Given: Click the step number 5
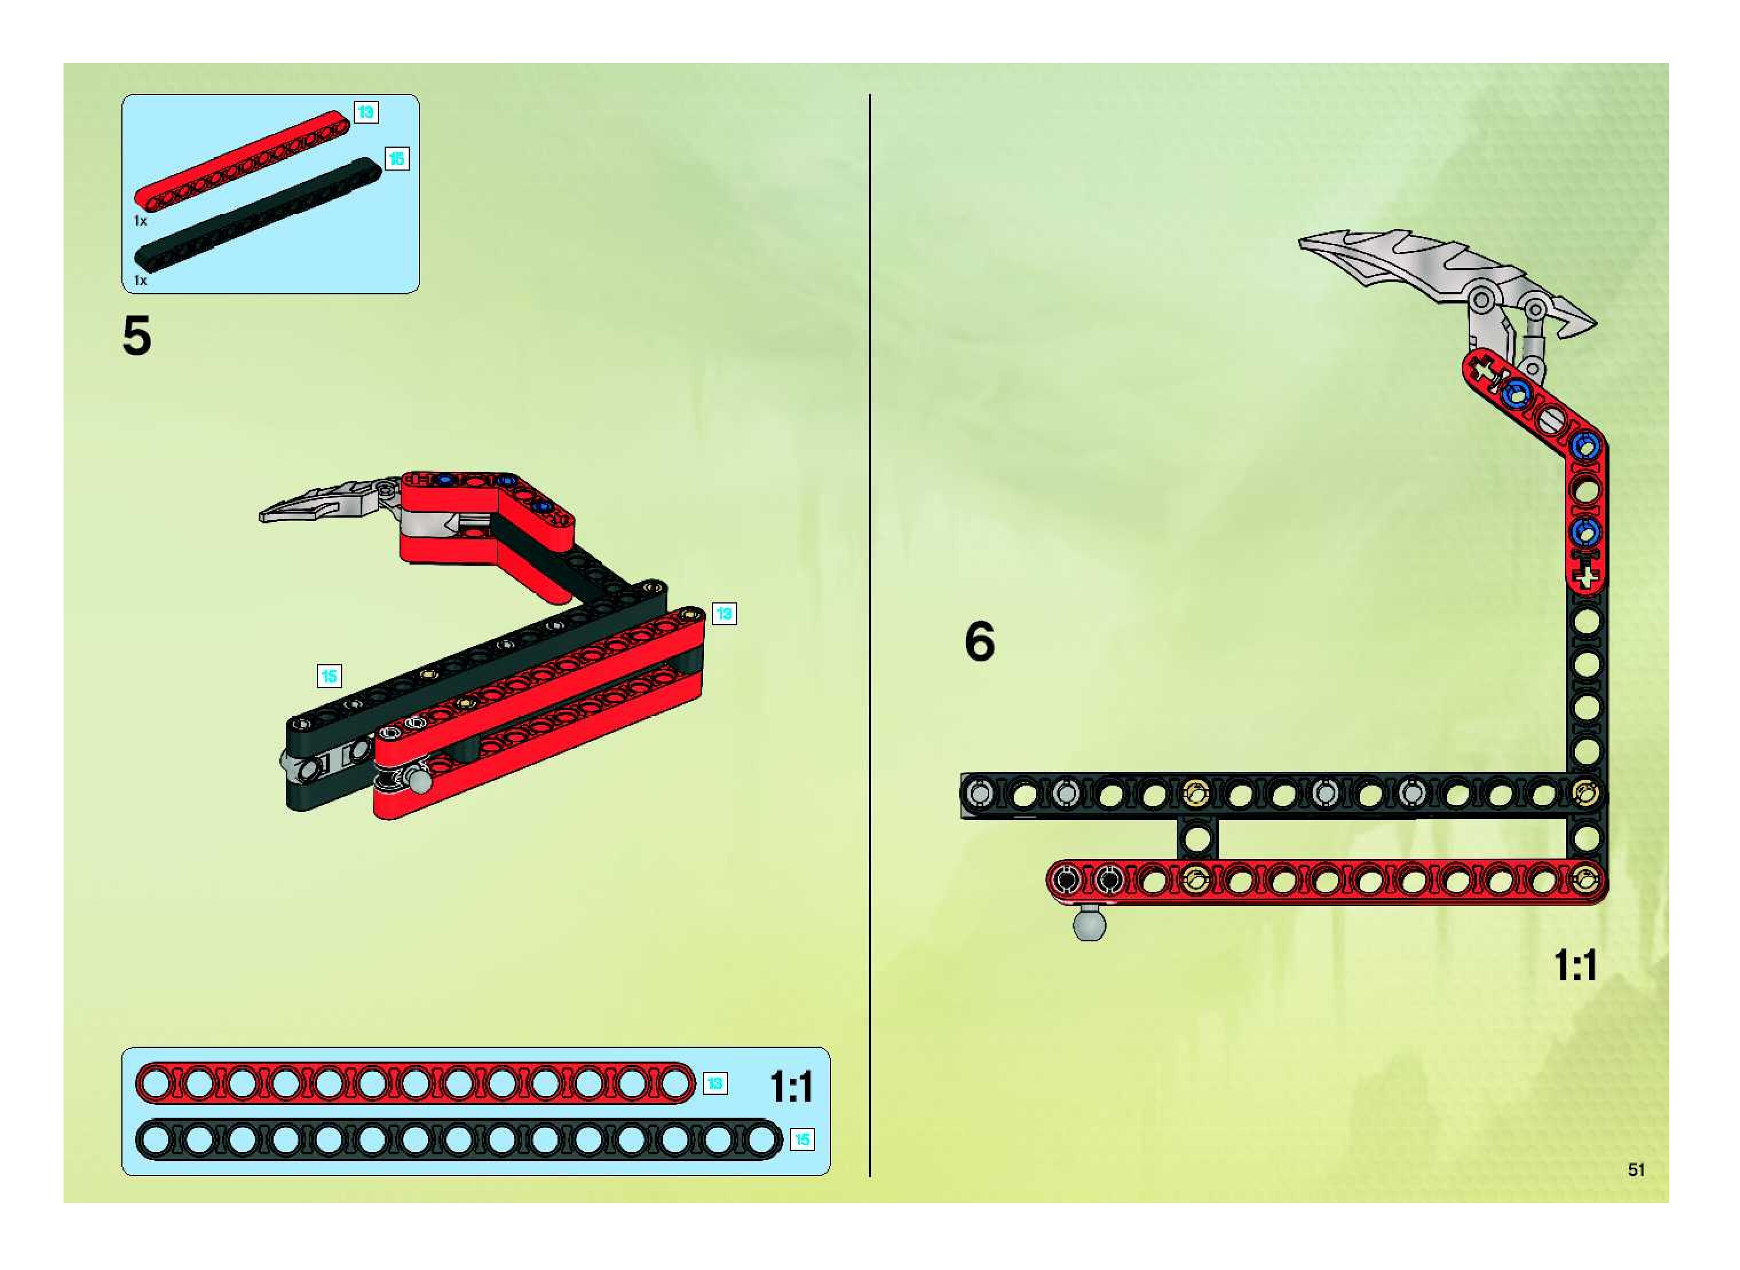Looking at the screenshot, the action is pos(137,336).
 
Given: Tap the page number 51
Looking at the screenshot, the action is pos(1635,1169).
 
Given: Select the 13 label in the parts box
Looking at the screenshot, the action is pos(365,112).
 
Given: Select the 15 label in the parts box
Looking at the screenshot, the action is pos(396,159).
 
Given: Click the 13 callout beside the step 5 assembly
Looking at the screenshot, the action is pos(723,613).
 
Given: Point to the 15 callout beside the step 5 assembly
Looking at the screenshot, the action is pos(329,676).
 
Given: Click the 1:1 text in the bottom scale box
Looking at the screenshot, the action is pos(791,1086).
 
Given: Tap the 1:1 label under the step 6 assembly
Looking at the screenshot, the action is pos(1575,965).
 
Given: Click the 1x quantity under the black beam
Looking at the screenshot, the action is pos(140,281).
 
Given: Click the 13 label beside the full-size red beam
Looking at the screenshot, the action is pos(715,1083).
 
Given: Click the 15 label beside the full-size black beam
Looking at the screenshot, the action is pos(801,1139).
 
